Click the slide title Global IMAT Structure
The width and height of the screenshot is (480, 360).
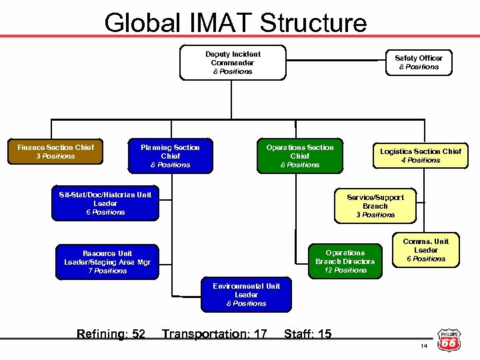point(235,22)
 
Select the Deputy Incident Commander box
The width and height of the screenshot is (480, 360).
point(233,63)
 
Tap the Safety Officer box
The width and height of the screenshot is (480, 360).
point(418,62)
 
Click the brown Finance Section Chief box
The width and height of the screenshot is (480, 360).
point(55,152)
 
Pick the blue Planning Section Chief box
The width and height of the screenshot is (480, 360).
point(170,156)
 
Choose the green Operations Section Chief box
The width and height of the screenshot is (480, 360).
point(299,156)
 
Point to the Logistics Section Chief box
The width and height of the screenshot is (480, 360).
point(420,155)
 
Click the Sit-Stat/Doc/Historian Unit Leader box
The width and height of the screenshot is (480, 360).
point(105,203)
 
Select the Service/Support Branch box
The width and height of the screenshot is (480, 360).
point(375,206)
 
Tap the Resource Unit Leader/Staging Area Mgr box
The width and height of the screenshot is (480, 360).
point(107,262)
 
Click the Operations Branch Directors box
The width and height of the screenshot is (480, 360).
point(345,261)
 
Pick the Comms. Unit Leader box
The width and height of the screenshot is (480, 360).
point(425,250)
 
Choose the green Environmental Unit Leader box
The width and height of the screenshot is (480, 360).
point(246,295)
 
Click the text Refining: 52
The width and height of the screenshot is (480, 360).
point(111,333)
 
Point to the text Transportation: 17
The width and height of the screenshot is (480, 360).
point(214,333)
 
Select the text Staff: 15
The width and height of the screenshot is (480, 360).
point(307,333)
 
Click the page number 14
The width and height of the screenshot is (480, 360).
point(423,347)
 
